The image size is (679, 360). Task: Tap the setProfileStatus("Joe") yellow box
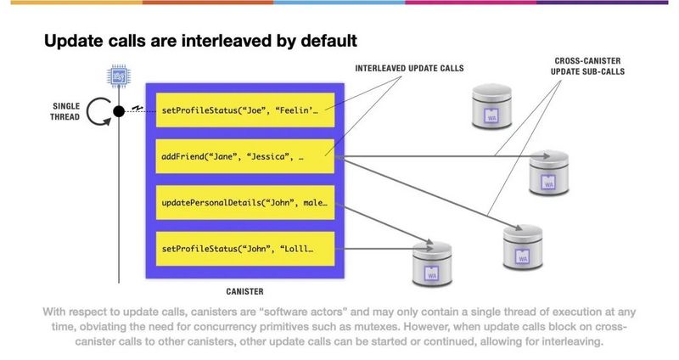point(245,110)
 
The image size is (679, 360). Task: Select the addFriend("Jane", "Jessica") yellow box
point(245,156)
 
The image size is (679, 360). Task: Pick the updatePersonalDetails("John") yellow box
point(245,202)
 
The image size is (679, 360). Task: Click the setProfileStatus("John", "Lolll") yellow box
point(245,249)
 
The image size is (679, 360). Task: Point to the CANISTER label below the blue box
point(244,291)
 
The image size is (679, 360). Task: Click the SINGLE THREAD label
point(65,111)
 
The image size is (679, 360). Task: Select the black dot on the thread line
point(119,111)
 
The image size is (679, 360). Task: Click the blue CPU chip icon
point(119,76)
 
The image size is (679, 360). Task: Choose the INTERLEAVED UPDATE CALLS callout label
point(409,69)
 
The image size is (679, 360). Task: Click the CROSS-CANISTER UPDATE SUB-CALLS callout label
point(587,66)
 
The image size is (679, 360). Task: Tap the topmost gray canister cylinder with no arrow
point(491,107)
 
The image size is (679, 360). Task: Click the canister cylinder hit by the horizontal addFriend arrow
point(548,173)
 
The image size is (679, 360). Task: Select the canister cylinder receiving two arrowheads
point(432,264)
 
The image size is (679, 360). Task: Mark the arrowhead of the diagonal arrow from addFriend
point(519,228)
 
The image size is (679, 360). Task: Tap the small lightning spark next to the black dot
point(137,108)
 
